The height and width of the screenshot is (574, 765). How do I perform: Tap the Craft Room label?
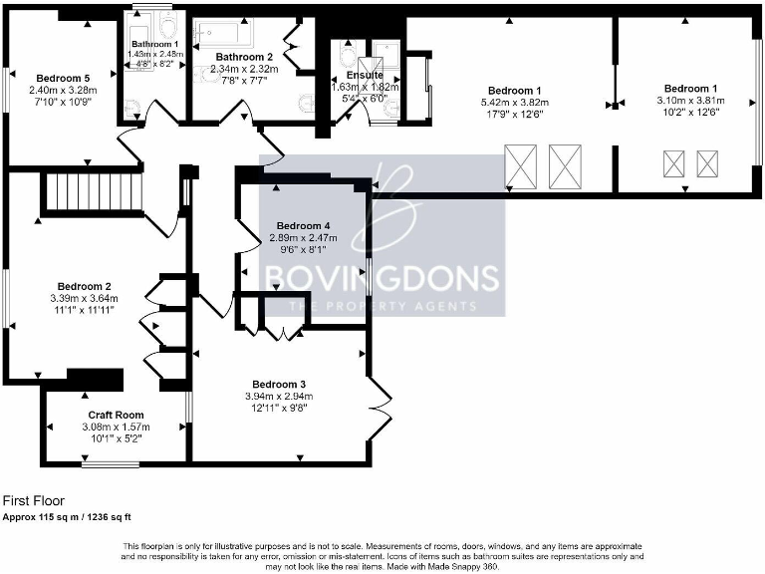pos(116,415)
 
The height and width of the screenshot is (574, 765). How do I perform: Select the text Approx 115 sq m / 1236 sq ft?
pos(67,517)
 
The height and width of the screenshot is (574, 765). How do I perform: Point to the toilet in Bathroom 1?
pos(166,27)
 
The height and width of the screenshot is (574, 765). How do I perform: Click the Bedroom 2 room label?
pos(84,285)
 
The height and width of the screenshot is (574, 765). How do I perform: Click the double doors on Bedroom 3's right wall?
pos(380,407)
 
